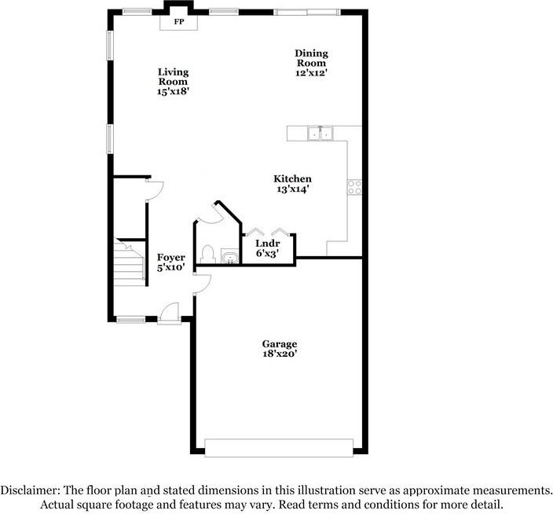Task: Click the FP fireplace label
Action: click(x=178, y=22)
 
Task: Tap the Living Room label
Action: click(x=173, y=76)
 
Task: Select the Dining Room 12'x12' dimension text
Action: click(x=310, y=72)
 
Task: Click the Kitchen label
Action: click(x=292, y=179)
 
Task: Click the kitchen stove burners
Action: click(x=353, y=187)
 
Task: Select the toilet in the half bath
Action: click(x=208, y=254)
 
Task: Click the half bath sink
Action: click(x=229, y=256)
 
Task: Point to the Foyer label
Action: click(x=170, y=258)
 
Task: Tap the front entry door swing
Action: click(x=169, y=312)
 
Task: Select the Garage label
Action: click(x=280, y=344)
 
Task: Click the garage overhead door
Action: click(x=280, y=447)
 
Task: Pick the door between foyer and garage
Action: click(x=200, y=285)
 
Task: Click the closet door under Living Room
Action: click(x=154, y=188)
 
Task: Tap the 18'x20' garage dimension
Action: click(x=280, y=354)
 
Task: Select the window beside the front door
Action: click(x=130, y=319)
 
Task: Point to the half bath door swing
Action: click(x=211, y=213)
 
